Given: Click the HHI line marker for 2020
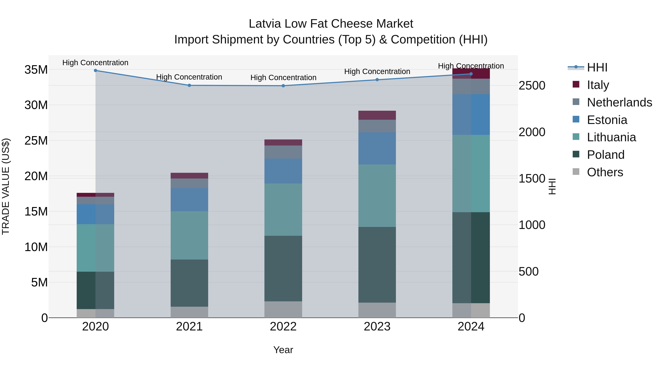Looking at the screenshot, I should click(x=95, y=71).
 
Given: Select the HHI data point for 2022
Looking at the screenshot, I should click(x=283, y=86).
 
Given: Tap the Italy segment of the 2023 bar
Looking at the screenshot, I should click(x=377, y=115).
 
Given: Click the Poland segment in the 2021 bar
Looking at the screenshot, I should click(x=189, y=283).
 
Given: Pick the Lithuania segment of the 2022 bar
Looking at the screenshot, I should click(x=283, y=210).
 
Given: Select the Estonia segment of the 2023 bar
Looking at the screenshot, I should click(x=377, y=148).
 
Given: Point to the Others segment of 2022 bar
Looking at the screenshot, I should click(x=283, y=309).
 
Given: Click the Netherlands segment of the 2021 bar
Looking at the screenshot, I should click(x=189, y=183).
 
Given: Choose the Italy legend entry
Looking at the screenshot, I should click(x=598, y=85).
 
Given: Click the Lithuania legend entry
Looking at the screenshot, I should click(x=611, y=137).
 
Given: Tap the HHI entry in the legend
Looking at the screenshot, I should click(x=597, y=67).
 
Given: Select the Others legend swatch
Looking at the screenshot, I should click(x=576, y=172).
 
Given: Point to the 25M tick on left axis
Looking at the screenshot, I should click(x=36, y=141).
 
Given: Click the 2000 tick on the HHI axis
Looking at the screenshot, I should click(x=532, y=132).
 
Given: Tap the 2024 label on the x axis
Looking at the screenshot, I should click(x=471, y=327).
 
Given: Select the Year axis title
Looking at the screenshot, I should click(x=283, y=350).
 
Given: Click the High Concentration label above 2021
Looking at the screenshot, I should click(x=189, y=77).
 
